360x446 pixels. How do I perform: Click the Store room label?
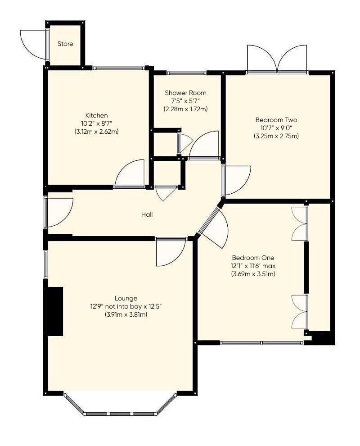pos(65,44)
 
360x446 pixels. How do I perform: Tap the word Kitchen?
pos(96,115)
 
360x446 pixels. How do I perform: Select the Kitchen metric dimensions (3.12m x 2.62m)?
pos(96,132)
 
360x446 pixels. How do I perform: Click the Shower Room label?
pos(185,93)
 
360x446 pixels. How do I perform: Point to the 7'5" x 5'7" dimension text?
pos(185,101)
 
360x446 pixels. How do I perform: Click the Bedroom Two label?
pos(276,120)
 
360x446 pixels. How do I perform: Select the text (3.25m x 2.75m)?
pos(276,136)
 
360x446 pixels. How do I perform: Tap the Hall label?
pos(147,214)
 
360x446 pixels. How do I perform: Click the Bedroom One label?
pos(253,258)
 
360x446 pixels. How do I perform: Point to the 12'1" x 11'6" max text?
pos(253,266)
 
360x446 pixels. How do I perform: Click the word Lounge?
pos(126,298)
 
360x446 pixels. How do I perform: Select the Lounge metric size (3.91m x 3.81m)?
pos(126,314)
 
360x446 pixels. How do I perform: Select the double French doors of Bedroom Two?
pos(277,59)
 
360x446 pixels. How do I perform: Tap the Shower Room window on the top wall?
pos(186,73)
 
